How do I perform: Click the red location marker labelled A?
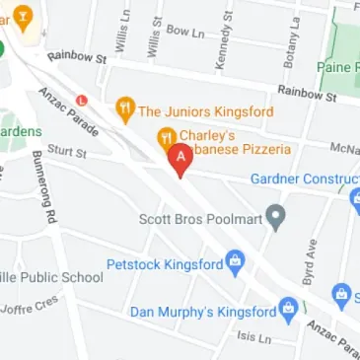point(180,159)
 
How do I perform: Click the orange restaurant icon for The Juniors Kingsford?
point(125,109)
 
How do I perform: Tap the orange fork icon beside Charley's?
point(167,135)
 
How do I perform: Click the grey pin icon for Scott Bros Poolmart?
point(277,216)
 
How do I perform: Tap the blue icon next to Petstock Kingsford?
point(234,262)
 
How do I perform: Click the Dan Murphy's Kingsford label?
point(202,312)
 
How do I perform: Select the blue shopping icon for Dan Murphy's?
point(288,311)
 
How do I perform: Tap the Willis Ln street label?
point(123,31)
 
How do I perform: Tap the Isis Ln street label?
point(253,337)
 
